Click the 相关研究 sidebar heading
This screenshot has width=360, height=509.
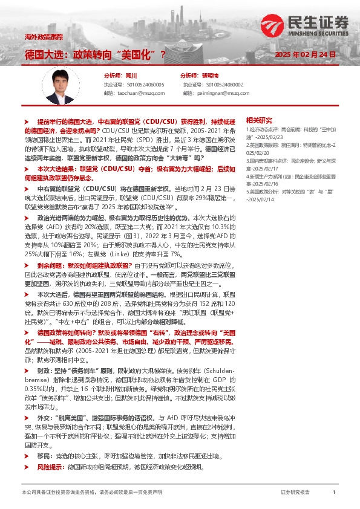pyautogui.click(x=259, y=120)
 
